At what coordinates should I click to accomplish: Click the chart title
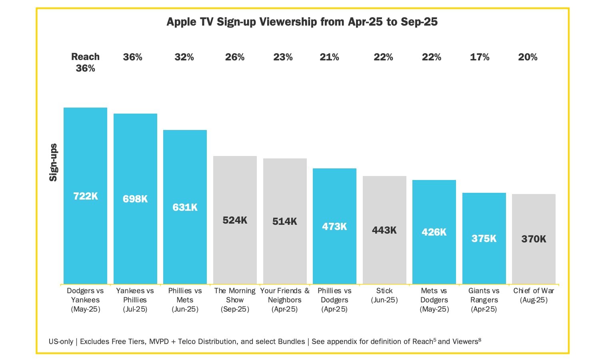[302, 22]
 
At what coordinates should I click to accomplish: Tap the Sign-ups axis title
[53, 162]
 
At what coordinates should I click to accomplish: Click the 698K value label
[135, 199]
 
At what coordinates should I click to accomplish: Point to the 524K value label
[235, 220]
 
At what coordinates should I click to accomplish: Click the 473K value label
[334, 226]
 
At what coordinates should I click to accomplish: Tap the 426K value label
[434, 232]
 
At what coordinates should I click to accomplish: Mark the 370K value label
[534, 239]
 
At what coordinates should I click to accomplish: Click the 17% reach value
[480, 57]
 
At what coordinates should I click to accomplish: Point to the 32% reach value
[184, 57]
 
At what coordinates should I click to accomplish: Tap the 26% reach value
[235, 57]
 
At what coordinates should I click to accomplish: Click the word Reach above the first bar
[85, 57]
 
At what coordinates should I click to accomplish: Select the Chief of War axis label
[534, 295]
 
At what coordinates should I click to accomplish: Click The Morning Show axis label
[235, 300]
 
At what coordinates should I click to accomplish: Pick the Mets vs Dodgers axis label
[434, 300]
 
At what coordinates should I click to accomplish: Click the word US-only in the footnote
[61, 342]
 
